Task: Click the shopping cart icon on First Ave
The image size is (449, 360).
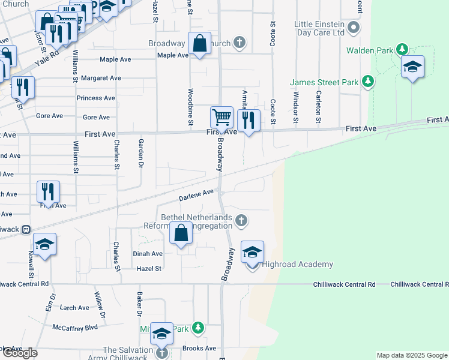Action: point(221,118)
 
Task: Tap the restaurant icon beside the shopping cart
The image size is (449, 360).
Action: point(248,120)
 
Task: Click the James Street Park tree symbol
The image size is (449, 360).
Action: point(368,82)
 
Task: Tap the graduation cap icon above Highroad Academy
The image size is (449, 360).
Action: point(253,251)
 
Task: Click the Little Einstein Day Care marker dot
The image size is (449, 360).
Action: point(354,28)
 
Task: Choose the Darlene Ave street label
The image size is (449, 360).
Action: point(196,194)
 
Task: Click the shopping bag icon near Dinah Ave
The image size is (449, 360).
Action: point(181,233)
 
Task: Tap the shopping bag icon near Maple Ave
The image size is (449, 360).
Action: point(199,43)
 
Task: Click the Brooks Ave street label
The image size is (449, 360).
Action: point(199,348)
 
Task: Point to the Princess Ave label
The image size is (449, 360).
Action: point(95,98)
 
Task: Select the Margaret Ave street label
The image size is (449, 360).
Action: point(101,78)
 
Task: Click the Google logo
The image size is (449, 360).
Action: point(19,353)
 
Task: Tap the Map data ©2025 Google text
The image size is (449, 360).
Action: point(412,355)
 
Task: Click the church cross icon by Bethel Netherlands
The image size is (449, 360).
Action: point(241,221)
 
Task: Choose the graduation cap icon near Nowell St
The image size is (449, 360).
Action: point(44,244)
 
